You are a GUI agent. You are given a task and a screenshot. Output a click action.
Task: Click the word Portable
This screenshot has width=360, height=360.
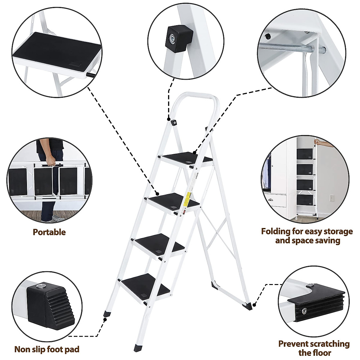[x=49, y=232]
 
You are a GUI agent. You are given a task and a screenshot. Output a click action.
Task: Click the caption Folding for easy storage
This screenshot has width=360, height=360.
[x=307, y=231]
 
